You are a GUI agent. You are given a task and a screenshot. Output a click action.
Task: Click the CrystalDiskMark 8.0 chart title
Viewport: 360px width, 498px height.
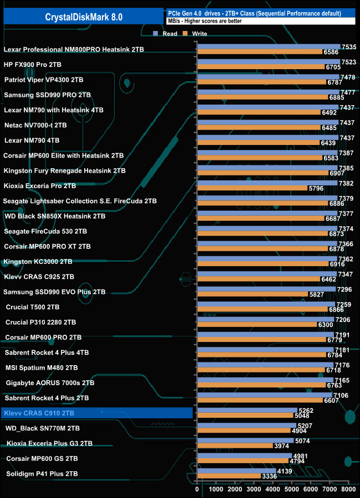(x=84, y=17)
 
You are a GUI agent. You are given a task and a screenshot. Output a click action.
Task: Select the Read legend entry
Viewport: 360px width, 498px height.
(x=166, y=34)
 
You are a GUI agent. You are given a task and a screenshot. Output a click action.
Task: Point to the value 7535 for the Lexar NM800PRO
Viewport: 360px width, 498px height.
(x=349, y=47)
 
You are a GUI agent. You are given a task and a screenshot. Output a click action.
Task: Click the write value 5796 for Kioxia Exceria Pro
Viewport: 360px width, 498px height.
(x=317, y=188)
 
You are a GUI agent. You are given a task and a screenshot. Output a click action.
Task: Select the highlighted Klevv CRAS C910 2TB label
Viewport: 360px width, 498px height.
(x=39, y=413)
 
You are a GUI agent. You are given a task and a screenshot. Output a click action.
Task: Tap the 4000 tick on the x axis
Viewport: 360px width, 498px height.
(x=272, y=489)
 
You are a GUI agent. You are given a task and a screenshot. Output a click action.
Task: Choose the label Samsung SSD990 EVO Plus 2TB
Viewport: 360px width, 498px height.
(x=54, y=292)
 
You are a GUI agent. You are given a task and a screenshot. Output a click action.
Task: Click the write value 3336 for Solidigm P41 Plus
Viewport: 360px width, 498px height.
(x=270, y=476)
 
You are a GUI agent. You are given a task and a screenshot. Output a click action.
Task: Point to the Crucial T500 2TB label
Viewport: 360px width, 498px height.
(x=40, y=307)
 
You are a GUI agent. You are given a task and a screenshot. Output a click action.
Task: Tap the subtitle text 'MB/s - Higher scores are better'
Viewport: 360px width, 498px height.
(x=204, y=20)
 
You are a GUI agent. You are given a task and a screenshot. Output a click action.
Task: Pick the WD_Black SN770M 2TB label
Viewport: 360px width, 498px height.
(x=43, y=428)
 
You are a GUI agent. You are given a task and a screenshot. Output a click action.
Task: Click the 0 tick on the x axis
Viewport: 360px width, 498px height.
(x=197, y=489)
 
